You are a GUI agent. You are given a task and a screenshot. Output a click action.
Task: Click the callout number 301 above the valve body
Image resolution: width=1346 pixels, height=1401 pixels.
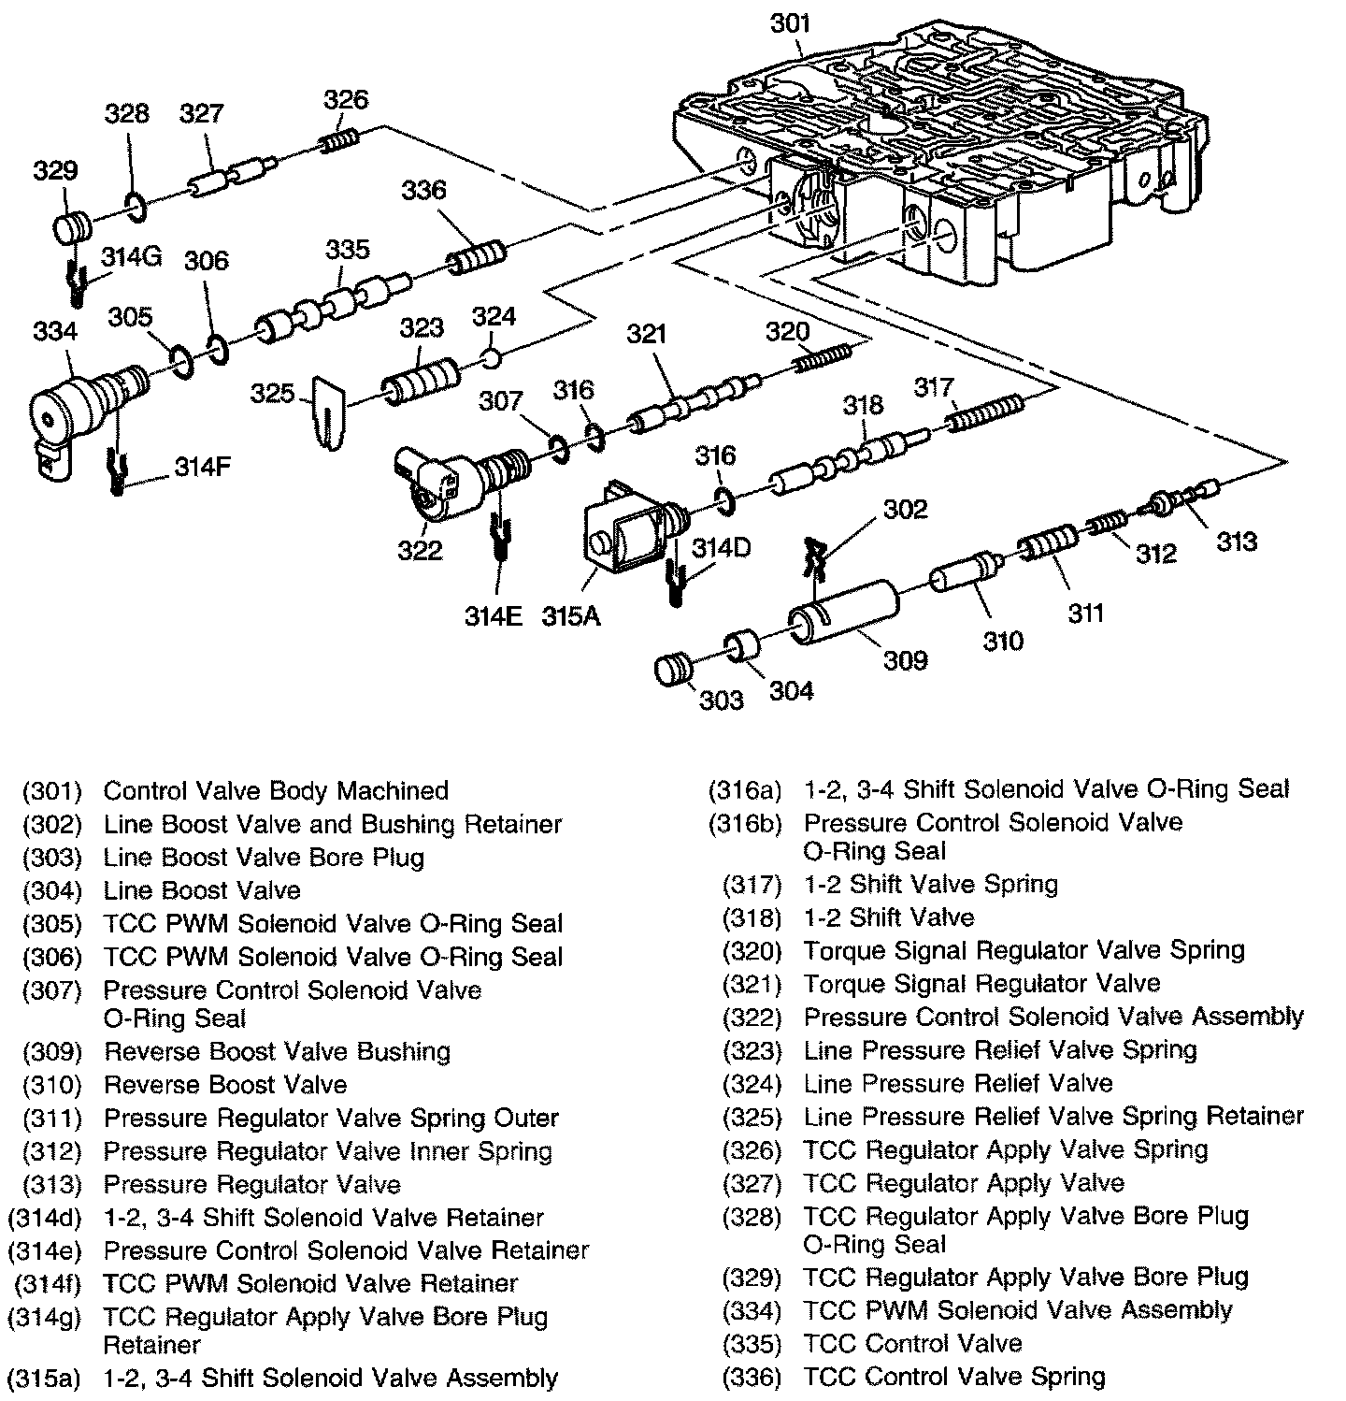pyautogui.click(x=790, y=23)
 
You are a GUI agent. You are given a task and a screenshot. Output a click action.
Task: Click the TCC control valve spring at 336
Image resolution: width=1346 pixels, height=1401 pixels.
pyautogui.click(x=477, y=257)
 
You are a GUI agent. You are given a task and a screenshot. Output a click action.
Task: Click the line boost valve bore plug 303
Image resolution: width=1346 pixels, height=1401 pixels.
pyautogui.click(x=673, y=671)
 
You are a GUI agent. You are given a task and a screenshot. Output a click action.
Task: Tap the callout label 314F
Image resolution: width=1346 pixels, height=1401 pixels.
pyautogui.click(x=203, y=468)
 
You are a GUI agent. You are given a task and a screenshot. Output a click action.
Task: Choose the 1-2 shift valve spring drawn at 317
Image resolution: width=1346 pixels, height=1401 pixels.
pyautogui.click(x=985, y=412)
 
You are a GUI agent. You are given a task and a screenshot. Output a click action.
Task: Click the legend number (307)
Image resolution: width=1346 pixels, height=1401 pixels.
pyautogui.click(x=52, y=990)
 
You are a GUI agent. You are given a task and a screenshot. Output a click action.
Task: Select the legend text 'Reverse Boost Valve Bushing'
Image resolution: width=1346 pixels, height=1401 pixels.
pyautogui.click(x=277, y=1051)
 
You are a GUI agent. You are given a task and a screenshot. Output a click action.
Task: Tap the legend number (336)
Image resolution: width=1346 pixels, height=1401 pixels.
pyautogui.click(x=752, y=1377)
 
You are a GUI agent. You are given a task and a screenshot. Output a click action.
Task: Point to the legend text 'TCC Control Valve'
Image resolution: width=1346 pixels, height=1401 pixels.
pyautogui.click(x=912, y=1344)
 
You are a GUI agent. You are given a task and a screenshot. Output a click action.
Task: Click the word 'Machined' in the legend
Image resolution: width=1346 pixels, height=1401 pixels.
pyautogui.click(x=393, y=790)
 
